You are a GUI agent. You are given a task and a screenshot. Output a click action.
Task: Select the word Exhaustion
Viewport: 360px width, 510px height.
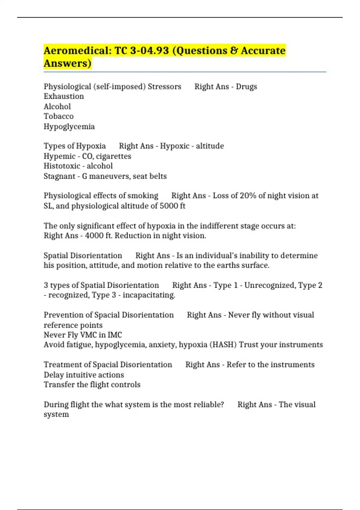[64, 96]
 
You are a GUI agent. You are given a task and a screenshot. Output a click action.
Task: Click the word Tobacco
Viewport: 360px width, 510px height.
[58, 116]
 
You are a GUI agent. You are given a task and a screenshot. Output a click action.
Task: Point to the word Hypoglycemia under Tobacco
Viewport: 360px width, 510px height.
[69, 127]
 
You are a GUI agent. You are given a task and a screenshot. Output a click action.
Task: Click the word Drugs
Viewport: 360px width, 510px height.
[246, 87]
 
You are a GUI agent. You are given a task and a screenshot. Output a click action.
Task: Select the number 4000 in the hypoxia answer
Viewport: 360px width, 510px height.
[94, 236]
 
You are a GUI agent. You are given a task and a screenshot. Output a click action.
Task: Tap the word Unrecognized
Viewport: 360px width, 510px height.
[269, 285]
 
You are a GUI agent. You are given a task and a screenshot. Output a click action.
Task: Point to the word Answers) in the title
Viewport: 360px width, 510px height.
[67, 64]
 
